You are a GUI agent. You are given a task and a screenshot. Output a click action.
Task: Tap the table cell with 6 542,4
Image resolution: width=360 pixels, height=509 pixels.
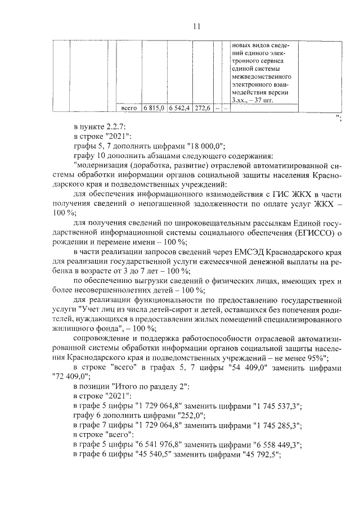click(180, 107)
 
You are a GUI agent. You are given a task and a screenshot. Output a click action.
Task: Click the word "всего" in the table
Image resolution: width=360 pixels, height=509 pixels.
click(129, 107)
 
